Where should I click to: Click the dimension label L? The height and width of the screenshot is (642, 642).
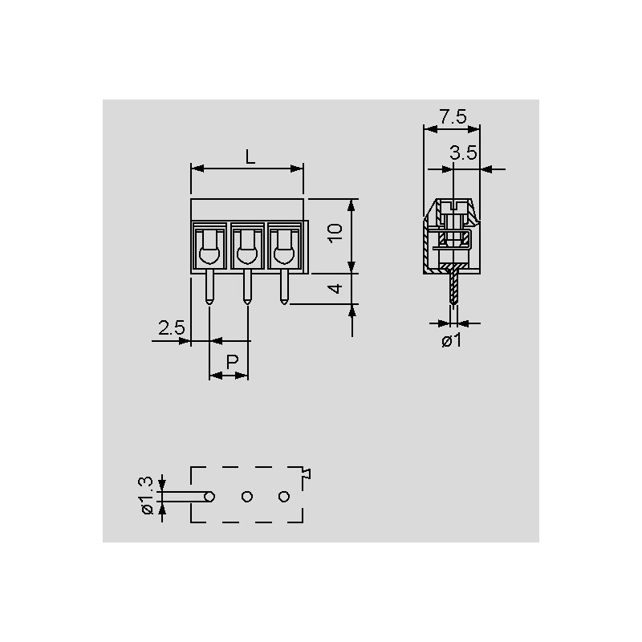coord(250,156)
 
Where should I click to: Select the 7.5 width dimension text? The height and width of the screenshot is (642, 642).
coord(453,116)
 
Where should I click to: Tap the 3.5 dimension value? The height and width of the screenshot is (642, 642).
coord(464,152)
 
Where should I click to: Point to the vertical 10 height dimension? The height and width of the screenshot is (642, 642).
coord(335,233)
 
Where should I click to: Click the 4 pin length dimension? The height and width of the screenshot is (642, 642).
coord(335,289)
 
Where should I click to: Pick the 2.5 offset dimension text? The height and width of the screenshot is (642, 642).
coord(172,328)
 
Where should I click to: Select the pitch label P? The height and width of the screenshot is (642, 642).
coord(232,362)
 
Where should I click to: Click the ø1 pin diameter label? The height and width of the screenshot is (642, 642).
coord(452,340)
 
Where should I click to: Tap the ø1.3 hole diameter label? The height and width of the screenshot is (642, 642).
coord(146,495)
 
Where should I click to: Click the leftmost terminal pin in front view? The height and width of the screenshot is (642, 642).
coord(209,286)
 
